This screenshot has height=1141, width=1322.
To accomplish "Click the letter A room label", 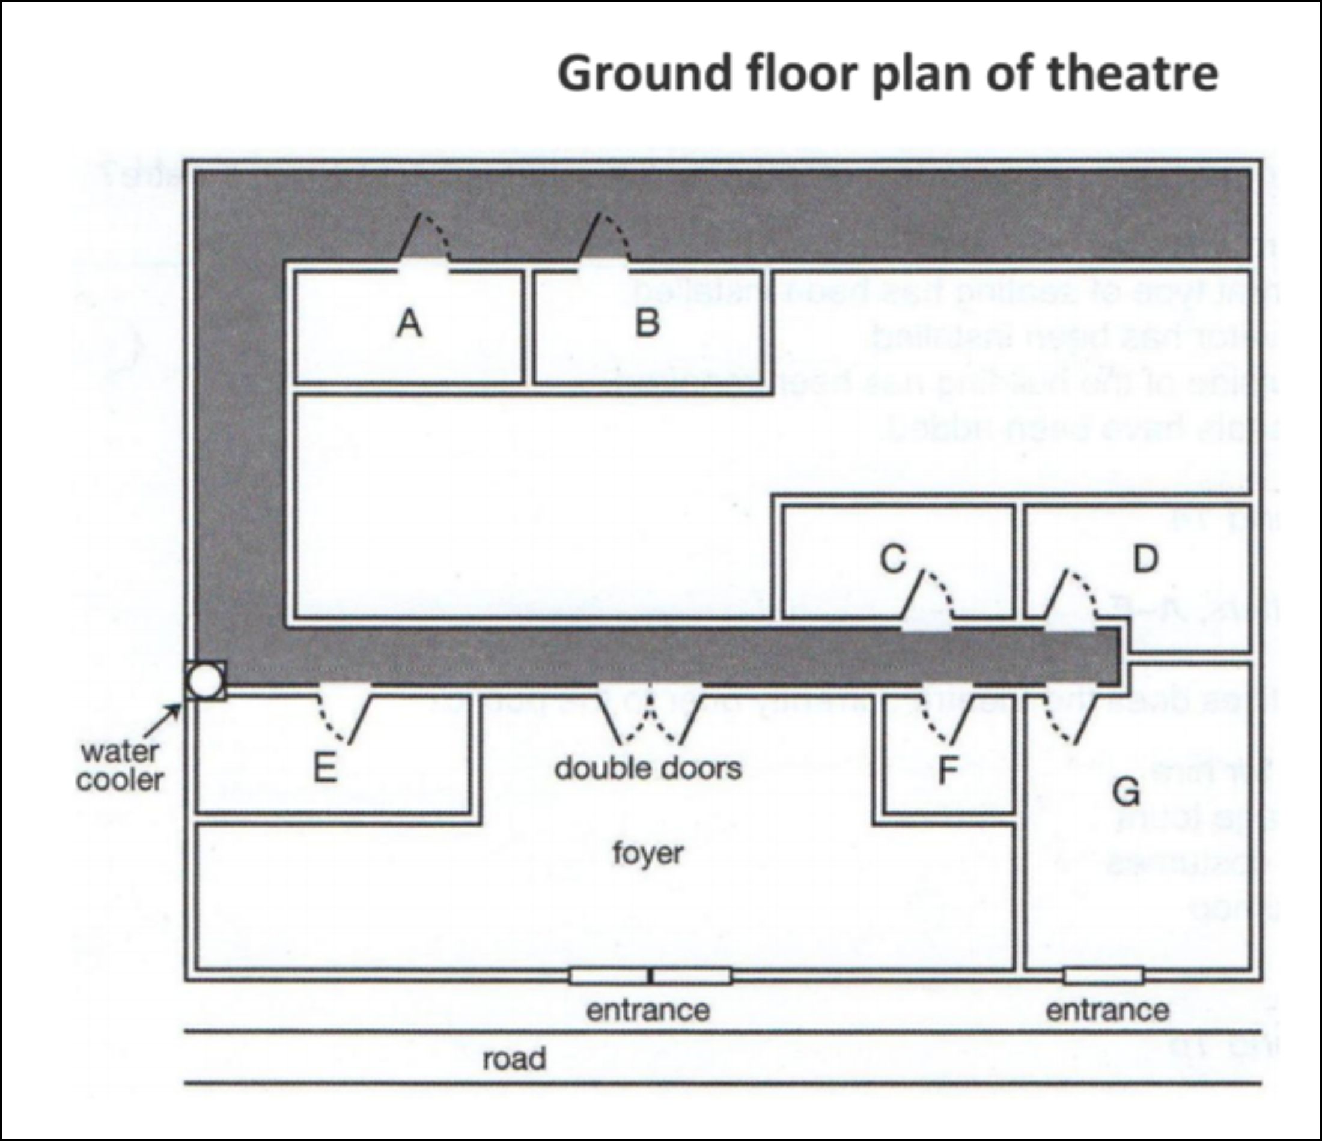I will [x=409, y=322].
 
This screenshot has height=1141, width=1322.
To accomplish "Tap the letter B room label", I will [x=647, y=321].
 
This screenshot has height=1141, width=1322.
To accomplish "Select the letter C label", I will [x=892, y=558].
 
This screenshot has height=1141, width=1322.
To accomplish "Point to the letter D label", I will [x=1145, y=558].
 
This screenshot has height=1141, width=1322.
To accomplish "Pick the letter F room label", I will [x=948, y=769].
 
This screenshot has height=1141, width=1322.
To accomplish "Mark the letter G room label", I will [x=1126, y=792].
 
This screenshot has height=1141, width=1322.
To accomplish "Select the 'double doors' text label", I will [x=648, y=768].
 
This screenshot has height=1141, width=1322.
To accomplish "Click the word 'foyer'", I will [x=648, y=853].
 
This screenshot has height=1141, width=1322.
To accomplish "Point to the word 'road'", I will [x=514, y=1058].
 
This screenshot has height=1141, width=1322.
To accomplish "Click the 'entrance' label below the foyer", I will [x=648, y=1010].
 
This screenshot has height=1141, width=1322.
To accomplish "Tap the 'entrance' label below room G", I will [x=1107, y=1010].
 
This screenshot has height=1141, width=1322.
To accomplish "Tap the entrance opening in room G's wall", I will [x=1103, y=976].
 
